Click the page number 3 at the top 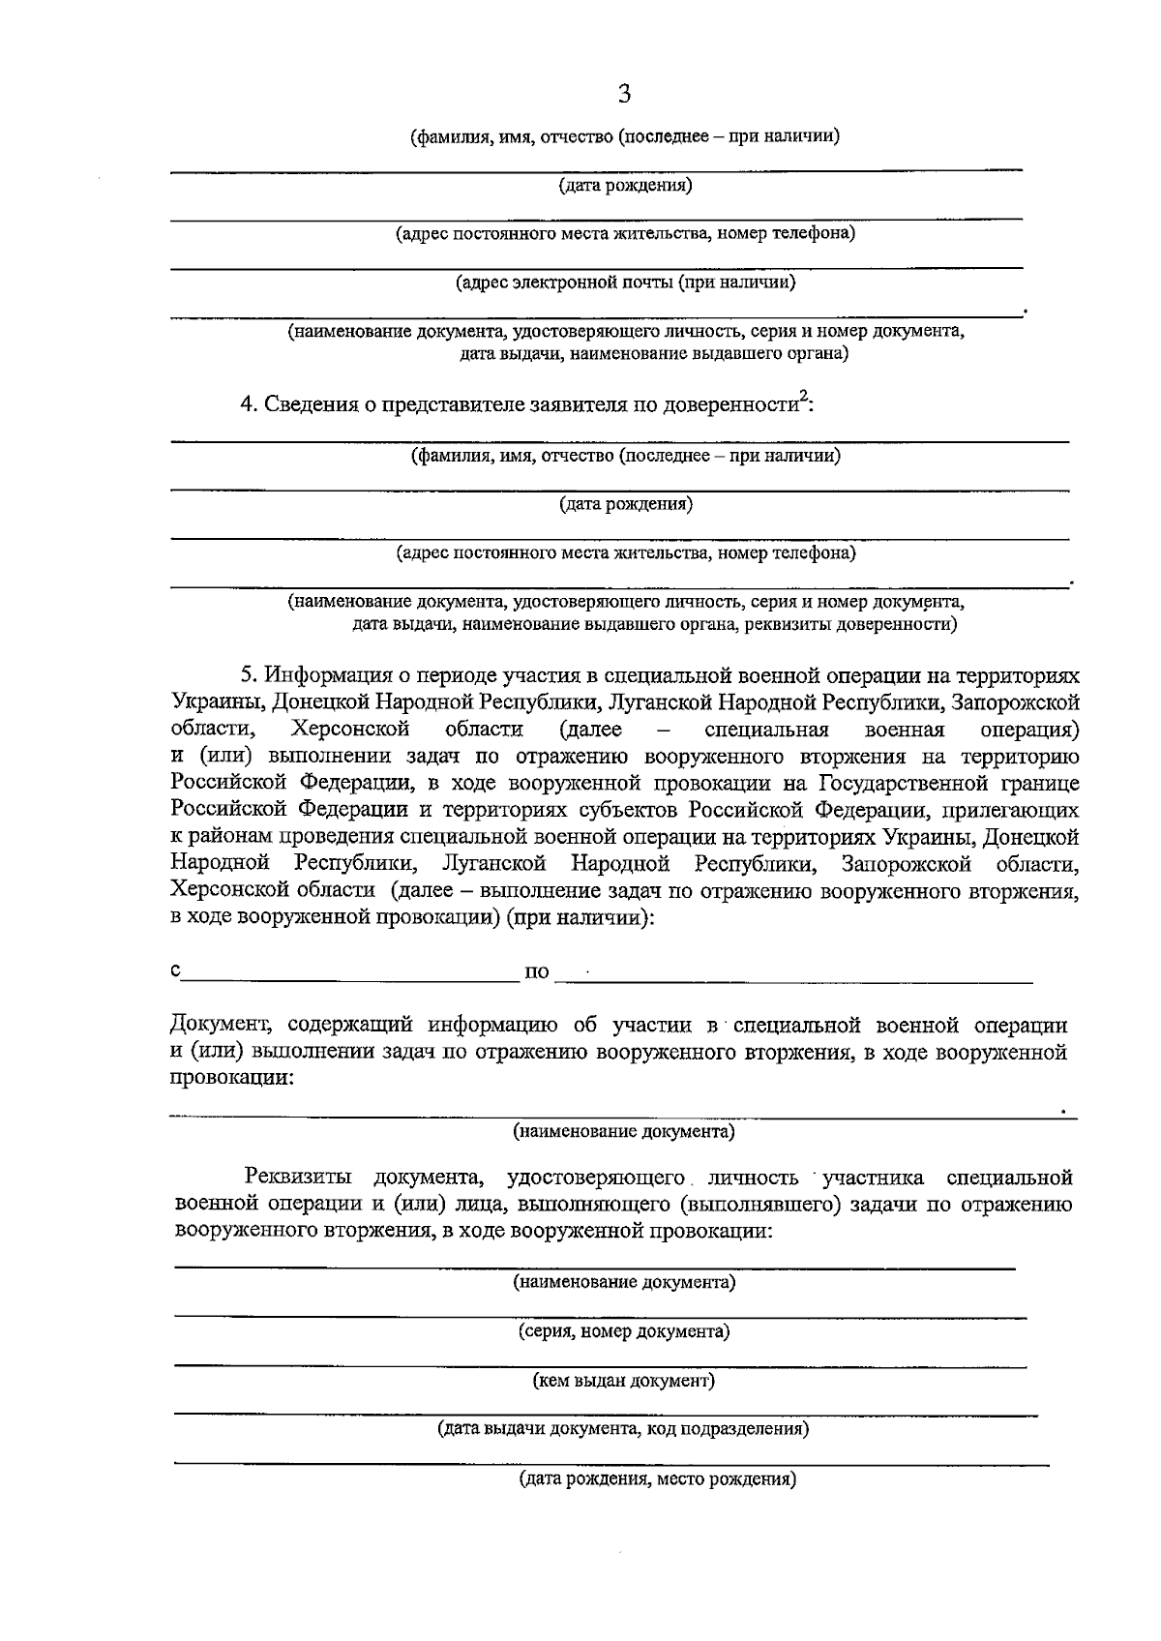point(624,94)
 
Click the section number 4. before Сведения point(249,404)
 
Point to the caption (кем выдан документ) point(624,1381)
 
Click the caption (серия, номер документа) point(624,1331)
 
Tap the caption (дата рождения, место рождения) point(658,1479)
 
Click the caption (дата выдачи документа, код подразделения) point(624,1429)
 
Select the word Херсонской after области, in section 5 point(351,729)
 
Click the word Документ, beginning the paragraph point(219,1025)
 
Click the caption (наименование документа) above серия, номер point(624,1283)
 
